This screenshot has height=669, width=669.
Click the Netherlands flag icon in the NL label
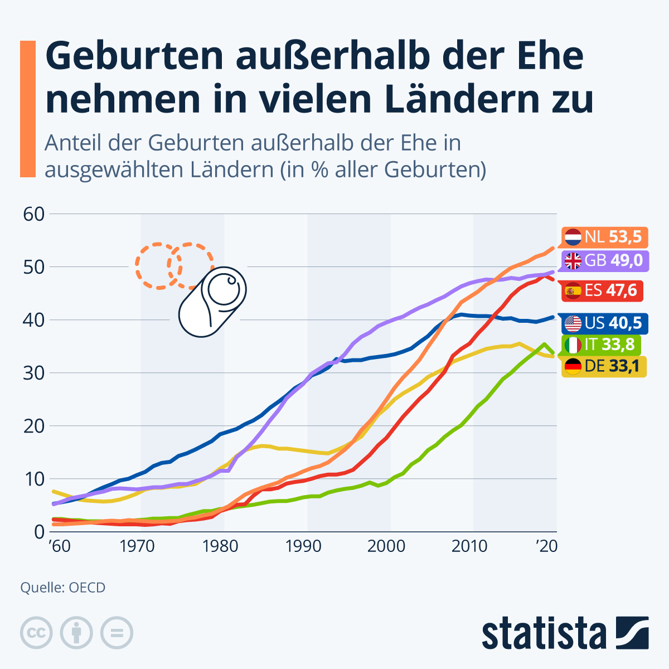573,238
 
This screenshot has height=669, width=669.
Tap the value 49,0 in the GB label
626,260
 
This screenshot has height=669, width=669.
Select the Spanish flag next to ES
573,290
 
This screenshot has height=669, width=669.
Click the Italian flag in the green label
573,345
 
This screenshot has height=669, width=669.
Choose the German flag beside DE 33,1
573,366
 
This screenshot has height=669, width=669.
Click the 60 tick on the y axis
33,214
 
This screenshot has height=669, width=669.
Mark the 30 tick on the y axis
33,372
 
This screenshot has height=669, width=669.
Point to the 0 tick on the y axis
38,531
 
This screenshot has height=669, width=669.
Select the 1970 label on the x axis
137,546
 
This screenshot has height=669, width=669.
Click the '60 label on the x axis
60,546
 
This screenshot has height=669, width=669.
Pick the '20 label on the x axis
546,546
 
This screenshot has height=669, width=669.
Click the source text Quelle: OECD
63,588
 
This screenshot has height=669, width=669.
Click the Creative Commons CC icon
36,633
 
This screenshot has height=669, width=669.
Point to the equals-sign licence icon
117,633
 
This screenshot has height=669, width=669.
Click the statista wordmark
544,633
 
